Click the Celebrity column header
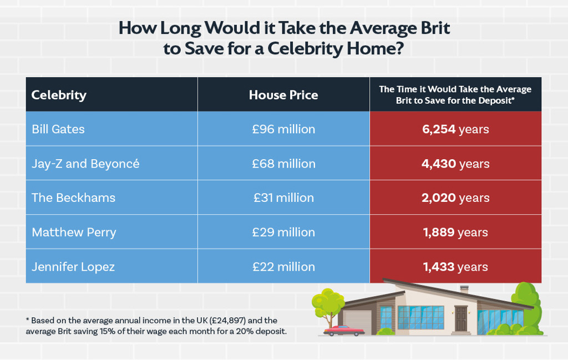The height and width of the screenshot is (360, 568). click(59, 95)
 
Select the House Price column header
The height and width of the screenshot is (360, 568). click(283, 95)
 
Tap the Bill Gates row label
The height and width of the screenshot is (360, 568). click(59, 129)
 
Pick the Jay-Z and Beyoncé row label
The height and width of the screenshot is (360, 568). click(85, 164)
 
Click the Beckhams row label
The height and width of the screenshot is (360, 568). click(73, 198)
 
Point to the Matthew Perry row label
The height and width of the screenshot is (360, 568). click(74, 232)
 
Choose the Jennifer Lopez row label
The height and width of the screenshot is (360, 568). click(73, 267)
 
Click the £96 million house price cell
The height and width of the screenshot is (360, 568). click(283, 129)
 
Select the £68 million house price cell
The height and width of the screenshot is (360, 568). click(283, 164)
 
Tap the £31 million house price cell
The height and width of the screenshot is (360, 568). click(283, 198)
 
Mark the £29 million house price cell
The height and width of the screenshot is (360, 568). click(283, 232)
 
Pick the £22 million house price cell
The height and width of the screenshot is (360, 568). click(283, 267)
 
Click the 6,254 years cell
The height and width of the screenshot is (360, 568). click(455, 129)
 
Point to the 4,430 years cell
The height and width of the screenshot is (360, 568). click(455, 164)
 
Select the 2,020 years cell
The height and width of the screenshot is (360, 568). click(455, 198)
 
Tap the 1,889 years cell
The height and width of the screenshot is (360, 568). click(455, 232)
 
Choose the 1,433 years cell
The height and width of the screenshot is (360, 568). click(455, 267)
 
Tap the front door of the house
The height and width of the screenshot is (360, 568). click(461, 318)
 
